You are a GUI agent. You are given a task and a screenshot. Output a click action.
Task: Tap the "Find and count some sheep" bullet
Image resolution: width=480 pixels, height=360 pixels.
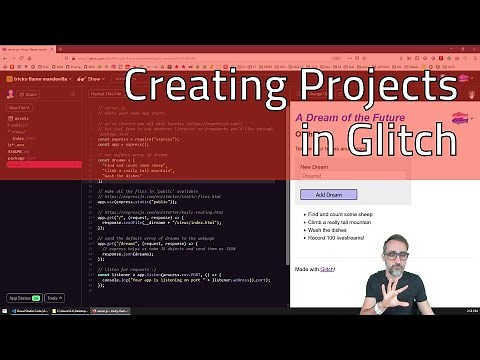(x=346, y=214)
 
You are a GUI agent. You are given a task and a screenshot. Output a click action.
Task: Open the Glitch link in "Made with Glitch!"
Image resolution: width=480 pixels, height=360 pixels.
(x=327, y=269)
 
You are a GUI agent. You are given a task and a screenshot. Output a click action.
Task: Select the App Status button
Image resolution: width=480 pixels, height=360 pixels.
(x=23, y=297)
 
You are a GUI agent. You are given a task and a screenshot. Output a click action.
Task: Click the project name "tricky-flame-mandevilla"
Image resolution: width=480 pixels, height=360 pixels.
(x=41, y=78)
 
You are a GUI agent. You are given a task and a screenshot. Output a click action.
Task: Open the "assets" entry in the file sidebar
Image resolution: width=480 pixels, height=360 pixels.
(x=21, y=117)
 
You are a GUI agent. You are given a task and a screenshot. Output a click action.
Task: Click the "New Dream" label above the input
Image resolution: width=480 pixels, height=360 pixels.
(x=314, y=166)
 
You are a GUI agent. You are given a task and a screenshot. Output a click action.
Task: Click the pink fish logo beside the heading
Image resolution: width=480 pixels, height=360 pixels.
(x=459, y=121)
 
